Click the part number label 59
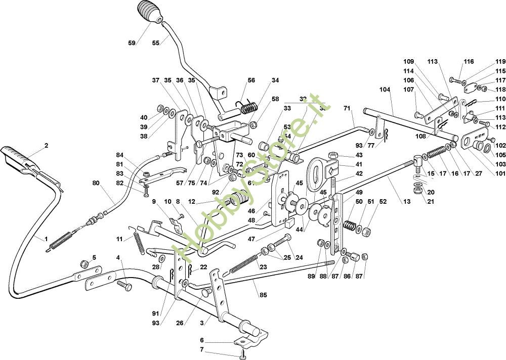click(132, 43)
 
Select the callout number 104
click(385, 89)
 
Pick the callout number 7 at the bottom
click(201, 349)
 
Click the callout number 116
click(469, 61)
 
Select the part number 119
click(500, 61)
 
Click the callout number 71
click(347, 108)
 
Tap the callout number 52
click(383, 202)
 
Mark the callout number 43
click(359, 155)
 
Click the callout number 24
click(299, 257)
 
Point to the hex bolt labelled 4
click(125, 286)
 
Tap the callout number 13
click(406, 202)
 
